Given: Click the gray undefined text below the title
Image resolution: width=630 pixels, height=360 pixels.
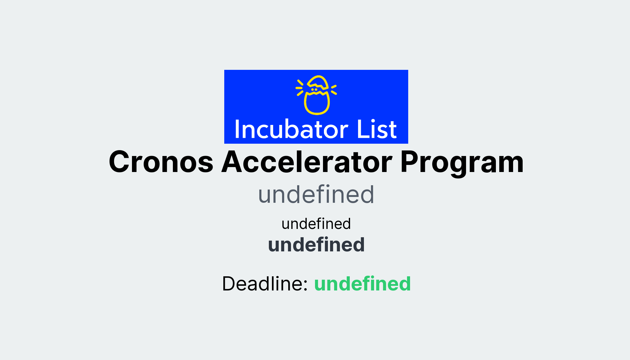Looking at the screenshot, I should coord(316,195).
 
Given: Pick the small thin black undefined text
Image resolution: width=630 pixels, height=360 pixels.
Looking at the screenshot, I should coord(316,224).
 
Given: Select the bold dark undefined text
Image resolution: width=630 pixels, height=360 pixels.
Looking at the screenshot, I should coord(316,245).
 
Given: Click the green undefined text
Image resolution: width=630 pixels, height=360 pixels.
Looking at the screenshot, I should coord(362,284).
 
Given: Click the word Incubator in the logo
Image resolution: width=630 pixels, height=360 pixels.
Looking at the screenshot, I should coord(291,129).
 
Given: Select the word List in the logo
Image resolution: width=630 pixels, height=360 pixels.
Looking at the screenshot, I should coord(377,129).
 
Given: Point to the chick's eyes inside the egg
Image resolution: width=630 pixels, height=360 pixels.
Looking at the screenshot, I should coord(314,90).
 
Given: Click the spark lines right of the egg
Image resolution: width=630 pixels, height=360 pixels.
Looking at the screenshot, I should coord(334,89).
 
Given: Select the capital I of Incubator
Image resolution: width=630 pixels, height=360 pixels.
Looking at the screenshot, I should coord(237,129).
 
